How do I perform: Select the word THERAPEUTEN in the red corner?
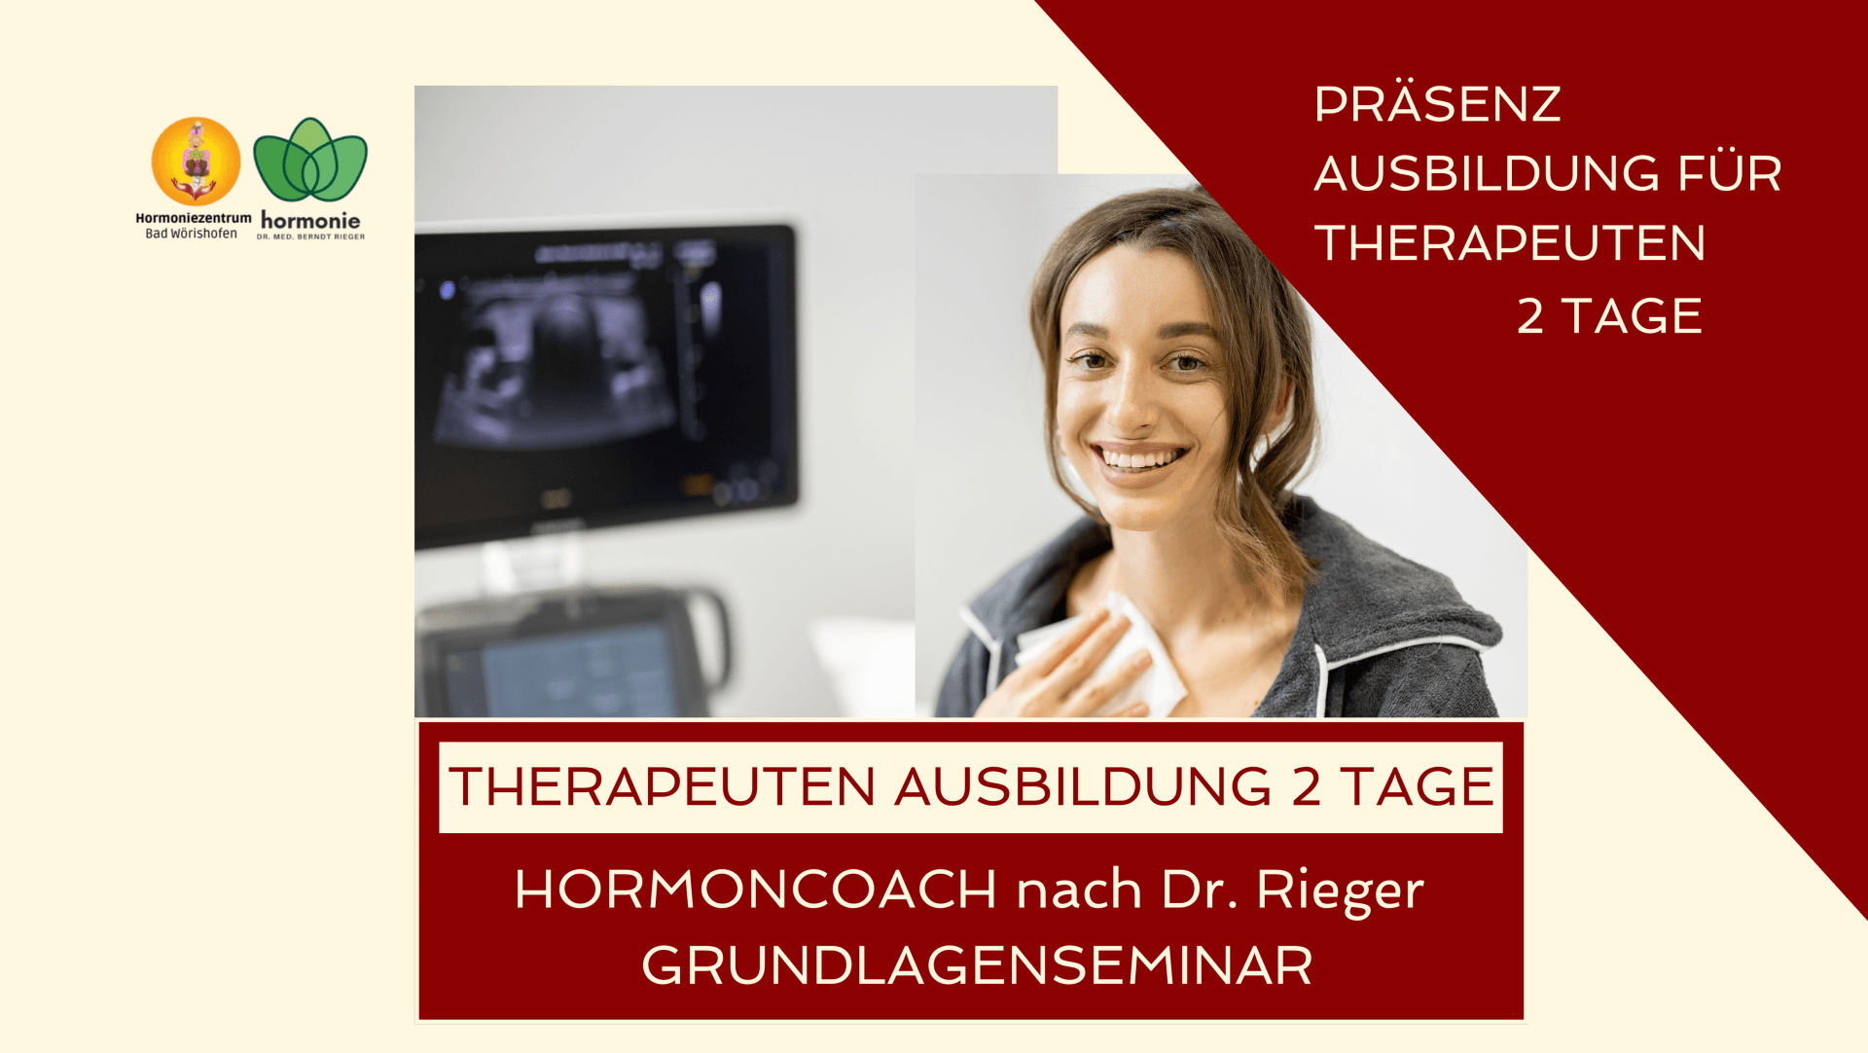tap(1510, 242)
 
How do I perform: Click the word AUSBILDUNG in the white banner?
tap(1083, 786)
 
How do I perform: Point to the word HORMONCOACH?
tap(756, 889)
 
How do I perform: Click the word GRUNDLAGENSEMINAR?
tap(977, 965)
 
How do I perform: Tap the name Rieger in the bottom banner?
tap(1340, 890)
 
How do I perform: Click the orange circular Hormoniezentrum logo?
tap(196, 161)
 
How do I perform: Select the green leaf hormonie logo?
tap(310, 161)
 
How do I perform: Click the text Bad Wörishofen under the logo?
tap(192, 234)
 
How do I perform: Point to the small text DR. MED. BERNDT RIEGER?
tap(311, 236)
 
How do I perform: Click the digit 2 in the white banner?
tap(1306, 787)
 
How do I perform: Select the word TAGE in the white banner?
tap(1417, 786)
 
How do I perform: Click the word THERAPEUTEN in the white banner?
tap(663, 786)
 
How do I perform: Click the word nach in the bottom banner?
tap(1079, 889)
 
